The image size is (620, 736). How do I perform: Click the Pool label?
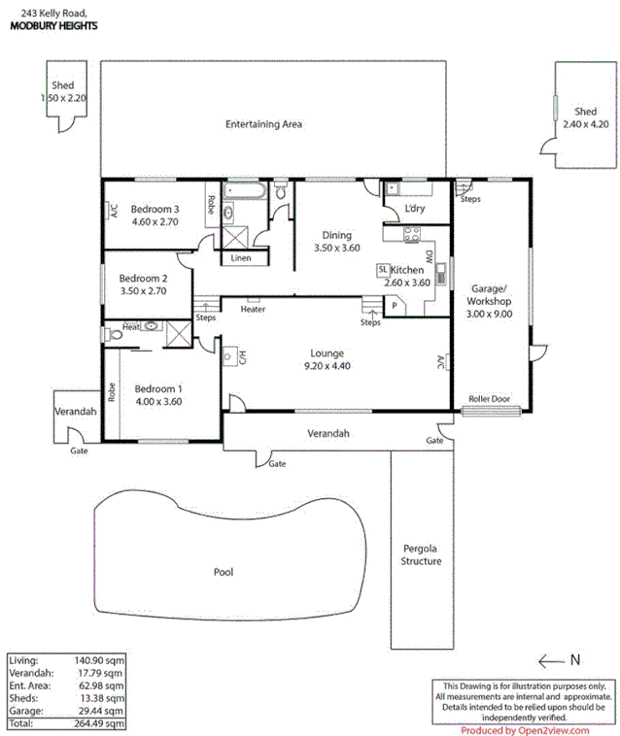coord(224,572)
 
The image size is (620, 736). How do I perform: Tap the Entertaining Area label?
coord(263,124)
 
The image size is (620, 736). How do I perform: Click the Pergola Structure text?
coord(421,554)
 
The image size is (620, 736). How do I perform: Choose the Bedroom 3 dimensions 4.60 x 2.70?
coord(155,222)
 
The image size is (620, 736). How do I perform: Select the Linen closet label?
coord(241,258)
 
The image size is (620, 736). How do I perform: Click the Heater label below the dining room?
coord(253,310)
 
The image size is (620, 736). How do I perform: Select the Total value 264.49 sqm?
coord(99,723)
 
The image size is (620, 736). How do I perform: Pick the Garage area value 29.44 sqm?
coord(99,711)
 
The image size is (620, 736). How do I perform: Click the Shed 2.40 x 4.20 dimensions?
coord(584,124)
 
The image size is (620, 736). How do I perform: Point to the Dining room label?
coord(336,235)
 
